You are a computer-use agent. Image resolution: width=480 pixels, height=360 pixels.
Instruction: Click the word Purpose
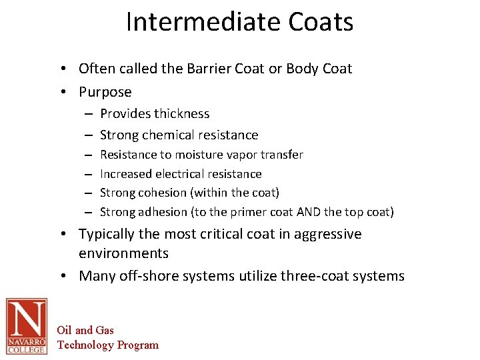pos(105,92)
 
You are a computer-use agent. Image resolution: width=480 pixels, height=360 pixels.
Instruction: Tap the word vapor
pos(245,155)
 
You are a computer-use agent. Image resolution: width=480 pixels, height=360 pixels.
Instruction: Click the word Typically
pos(108,235)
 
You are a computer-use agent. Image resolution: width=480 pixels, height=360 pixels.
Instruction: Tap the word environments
pos(123,254)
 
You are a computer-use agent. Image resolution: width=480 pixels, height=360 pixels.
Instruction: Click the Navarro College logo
pos(27,326)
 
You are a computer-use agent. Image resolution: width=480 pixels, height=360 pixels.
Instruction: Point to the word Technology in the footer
pos(86,345)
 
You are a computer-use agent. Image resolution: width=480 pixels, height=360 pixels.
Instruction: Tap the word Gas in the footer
pos(105,330)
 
